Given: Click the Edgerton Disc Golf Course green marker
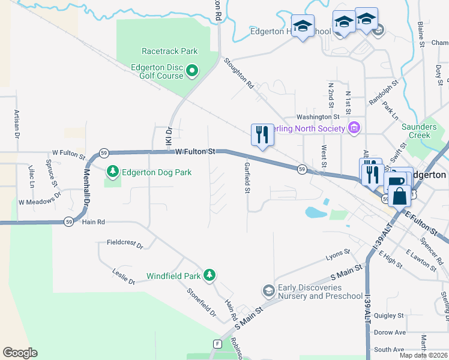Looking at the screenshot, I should point(192,71).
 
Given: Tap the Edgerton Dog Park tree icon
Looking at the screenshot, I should point(112,172).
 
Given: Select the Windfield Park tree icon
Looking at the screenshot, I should point(209,275).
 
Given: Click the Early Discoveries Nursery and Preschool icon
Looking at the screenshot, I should point(268,291).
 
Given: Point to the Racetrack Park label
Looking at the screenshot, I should point(170,52).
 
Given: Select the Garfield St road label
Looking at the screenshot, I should point(246,178).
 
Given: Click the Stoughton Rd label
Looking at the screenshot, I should point(239,73).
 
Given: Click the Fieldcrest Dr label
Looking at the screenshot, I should point(125,244).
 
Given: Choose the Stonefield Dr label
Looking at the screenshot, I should point(202,302).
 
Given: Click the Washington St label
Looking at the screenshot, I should point(318,117).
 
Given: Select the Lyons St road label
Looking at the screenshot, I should point(338,256).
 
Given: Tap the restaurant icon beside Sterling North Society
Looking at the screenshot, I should point(262,134).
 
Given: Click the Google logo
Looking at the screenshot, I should point(20,353).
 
